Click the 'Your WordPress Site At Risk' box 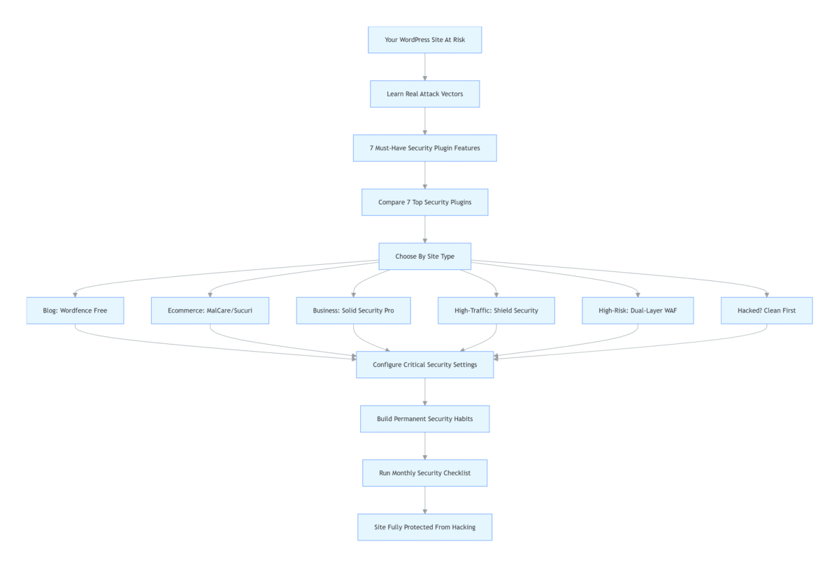coord(425,40)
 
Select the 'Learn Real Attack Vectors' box coord(425,94)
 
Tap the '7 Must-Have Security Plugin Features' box coord(425,148)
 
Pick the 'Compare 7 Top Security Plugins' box coord(425,202)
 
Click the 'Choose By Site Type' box coord(425,256)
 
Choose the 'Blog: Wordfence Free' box coord(75,310)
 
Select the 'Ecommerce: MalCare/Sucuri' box coord(210,310)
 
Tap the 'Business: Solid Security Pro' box coord(353,310)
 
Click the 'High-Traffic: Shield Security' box coord(496,310)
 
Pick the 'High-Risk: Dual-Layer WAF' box coord(638,310)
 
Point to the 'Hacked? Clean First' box coord(767,310)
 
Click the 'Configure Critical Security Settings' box coord(425,364)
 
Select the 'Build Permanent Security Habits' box coord(425,419)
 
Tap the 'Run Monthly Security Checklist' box coord(425,473)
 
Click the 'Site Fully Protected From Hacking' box coord(425,527)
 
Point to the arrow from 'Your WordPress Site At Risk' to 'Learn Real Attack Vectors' coord(425,67)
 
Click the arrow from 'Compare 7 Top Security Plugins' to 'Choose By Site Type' coord(425,229)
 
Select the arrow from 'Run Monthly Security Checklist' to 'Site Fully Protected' coord(425,500)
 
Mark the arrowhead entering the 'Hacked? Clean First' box coord(767,295)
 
